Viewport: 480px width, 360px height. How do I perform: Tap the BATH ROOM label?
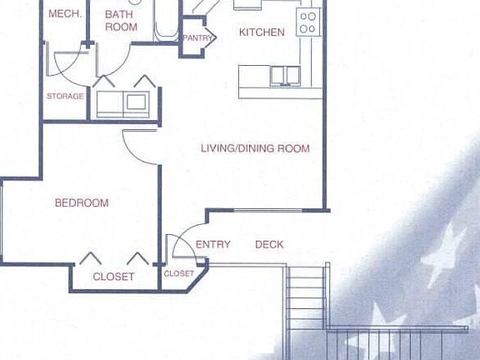pos(121,20)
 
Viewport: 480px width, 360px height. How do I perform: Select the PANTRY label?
pos(197,37)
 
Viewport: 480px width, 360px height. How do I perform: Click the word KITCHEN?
pos(262,32)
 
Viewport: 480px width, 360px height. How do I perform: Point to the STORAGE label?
pos(65,96)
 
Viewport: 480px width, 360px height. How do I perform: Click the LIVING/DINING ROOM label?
pos(255,148)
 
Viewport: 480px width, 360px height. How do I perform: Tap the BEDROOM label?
pos(82,202)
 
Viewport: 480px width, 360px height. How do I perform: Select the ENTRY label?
pos(212,244)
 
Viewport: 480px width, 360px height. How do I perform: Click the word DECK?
pos(269,244)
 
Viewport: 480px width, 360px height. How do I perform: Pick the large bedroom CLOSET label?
pos(113,277)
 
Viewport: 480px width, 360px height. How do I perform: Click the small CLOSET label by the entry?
pos(179,273)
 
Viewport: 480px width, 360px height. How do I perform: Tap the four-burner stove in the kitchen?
pos(308,22)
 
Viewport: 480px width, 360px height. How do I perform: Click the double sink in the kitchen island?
pos(285,75)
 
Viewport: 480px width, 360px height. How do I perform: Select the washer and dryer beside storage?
pos(122,102)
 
